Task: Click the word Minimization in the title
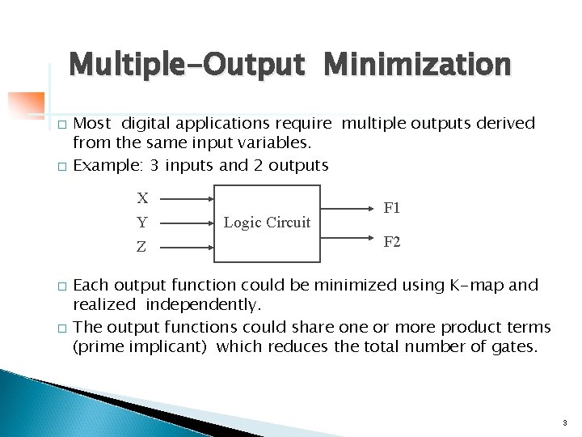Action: click(417, 64)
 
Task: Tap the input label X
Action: click(142, 197)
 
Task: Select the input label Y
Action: click(142, 223)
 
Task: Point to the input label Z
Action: click(142, 247)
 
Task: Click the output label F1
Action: click(392, 208)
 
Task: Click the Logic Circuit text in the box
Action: click(267, 222)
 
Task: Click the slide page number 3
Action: click(563, 422)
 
